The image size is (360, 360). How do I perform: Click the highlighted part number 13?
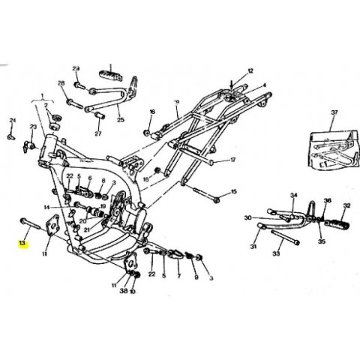click(22, 244)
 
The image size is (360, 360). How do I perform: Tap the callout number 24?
click(12, 120)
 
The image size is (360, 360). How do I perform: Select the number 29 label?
click(76, 67)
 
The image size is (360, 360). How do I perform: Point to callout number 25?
click(121, 119)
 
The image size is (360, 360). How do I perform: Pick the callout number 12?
click(251, 70)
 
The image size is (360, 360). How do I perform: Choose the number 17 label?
click(232, 160)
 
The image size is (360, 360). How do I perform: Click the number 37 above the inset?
click(334, 112)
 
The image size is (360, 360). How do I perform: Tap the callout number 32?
click(346, 205)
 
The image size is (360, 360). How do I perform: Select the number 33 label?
click(276, 254)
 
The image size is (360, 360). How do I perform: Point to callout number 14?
click(46, 206)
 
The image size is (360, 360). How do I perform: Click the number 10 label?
click(132, 290)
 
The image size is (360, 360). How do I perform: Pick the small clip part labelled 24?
click(12, 136)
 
